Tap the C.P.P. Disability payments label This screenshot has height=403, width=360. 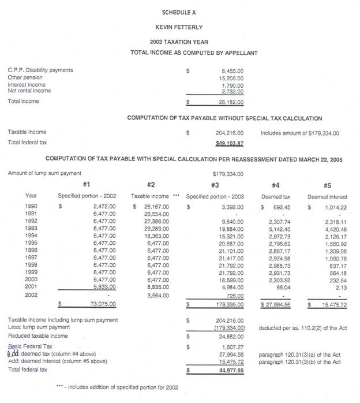pos(40,70)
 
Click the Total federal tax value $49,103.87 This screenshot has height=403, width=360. pos(230,143)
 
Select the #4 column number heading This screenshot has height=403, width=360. pos(276,185)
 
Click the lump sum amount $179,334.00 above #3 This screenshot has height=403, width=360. pos(228,173)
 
